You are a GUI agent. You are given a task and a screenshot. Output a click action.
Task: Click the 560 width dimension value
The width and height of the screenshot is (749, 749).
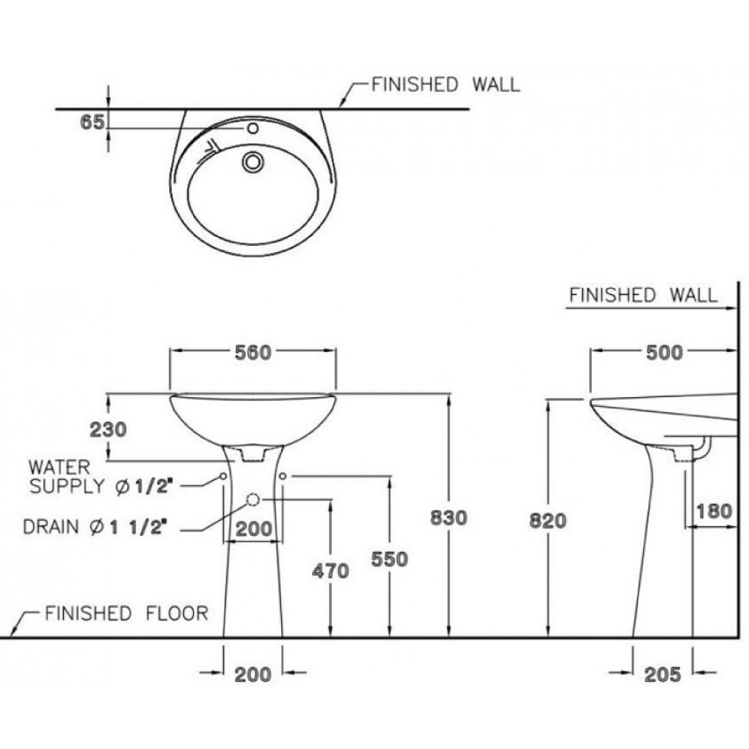(254, 353)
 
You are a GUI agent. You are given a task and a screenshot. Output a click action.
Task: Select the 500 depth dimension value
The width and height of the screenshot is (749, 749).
(664, 353)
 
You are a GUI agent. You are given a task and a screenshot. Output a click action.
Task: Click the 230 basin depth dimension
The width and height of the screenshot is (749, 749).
(108, 429)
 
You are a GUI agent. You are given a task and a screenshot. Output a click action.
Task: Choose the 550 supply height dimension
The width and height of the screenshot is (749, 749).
(390, 559)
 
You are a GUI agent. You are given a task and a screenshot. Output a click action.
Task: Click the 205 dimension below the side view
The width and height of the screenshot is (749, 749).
(663, 674)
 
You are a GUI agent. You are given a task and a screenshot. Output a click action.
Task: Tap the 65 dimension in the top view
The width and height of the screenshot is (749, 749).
(91, 122)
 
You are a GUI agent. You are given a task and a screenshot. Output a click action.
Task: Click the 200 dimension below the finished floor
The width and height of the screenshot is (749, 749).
(254, 674)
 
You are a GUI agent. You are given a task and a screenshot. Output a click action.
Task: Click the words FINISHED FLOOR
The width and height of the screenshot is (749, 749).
(126, 613)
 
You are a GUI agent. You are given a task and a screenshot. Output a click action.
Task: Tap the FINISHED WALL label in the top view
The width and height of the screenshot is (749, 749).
(445, 85)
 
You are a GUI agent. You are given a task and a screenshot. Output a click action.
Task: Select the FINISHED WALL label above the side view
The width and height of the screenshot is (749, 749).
(642, 295)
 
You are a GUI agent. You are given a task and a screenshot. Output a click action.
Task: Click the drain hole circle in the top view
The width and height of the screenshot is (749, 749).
(252, 161)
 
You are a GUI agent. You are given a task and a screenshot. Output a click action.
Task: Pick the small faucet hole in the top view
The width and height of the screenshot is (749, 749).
(252, 128)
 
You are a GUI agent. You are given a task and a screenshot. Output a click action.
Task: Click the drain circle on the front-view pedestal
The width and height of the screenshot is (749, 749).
(253, 500)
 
